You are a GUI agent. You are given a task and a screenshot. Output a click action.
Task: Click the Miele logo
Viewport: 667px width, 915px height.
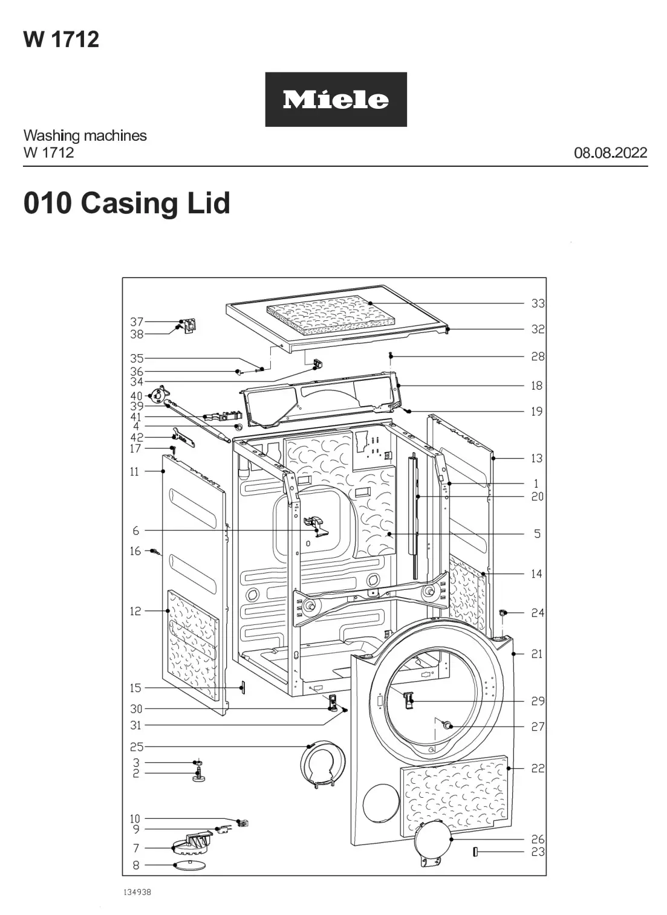point(336,100)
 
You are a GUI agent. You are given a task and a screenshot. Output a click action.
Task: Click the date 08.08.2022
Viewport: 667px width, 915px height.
point(610,152)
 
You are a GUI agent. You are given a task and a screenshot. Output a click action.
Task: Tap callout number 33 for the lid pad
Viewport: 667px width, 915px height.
point(538,303)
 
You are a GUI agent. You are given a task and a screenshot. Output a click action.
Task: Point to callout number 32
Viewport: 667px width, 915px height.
point(538,329)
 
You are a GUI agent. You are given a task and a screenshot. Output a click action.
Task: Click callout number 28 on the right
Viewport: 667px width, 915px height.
point(538,357)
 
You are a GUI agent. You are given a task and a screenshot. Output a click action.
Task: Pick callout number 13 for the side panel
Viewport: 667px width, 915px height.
point(537,458)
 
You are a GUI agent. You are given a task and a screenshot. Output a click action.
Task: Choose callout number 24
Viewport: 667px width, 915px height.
point(538,613)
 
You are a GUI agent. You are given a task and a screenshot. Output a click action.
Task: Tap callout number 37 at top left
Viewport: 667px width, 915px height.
point(137,322)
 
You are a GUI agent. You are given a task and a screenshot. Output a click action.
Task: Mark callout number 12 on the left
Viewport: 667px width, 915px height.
point(135,611)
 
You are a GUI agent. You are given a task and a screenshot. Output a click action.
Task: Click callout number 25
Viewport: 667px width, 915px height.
point(137,747)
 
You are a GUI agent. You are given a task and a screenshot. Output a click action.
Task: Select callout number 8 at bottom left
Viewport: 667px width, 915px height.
point(136,865)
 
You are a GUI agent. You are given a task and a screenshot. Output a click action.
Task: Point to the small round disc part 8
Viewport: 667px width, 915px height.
point(189,865)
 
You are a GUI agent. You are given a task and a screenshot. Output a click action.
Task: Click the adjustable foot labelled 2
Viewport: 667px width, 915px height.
point(198,777)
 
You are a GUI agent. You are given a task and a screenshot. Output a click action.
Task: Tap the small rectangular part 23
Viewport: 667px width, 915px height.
point(475,852)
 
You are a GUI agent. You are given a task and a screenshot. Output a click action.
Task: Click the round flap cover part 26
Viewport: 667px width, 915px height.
point(434,841)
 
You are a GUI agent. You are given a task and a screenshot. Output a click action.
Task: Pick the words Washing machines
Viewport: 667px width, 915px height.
point(85,135)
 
